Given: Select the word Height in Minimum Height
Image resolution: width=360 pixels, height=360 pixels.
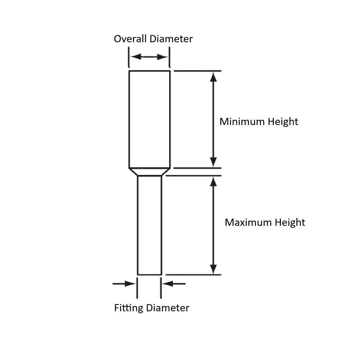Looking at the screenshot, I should [283, 121].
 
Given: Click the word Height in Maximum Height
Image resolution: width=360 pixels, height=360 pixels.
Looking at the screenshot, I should [290, 223].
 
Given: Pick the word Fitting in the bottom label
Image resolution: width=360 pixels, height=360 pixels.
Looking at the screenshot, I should [129, 308].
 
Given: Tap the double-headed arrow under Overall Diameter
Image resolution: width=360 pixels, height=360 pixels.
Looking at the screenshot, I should [149, 57].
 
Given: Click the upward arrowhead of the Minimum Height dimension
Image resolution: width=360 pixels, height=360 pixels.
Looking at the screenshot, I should [213, 77].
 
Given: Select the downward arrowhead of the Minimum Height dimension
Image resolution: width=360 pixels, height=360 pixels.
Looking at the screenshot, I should [213, 161].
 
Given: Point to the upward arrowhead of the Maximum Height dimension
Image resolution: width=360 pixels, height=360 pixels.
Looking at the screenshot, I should [213, 182].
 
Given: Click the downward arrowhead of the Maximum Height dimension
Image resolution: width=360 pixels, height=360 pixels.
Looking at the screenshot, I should [213, 269].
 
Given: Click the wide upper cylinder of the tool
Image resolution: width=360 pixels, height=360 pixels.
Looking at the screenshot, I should [150, 119].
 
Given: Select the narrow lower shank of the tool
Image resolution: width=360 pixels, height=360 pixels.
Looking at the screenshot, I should [150, 226].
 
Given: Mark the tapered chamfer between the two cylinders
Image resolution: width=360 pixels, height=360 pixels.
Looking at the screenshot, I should [150, 172].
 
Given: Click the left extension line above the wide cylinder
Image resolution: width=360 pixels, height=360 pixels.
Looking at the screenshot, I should [129, 57].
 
